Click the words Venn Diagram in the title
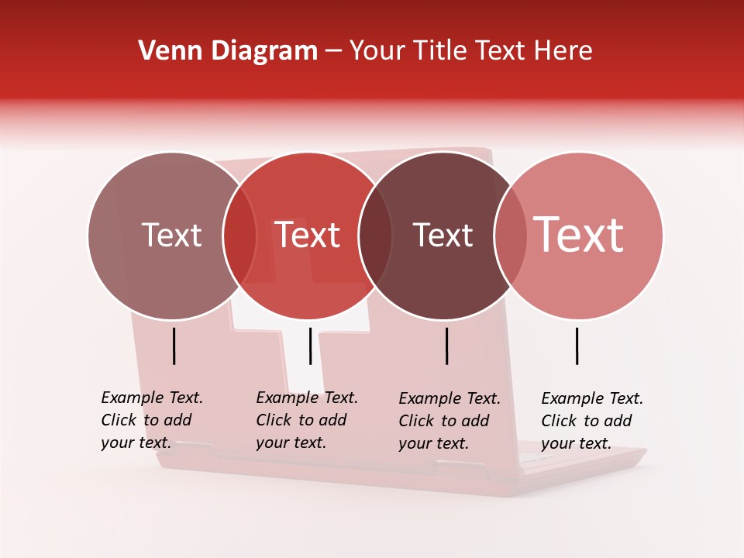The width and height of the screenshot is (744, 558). click(x=228, y=51)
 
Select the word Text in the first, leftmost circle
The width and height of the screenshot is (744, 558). click(x=171, y=236)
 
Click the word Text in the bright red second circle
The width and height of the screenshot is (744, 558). click(x=308, y=236)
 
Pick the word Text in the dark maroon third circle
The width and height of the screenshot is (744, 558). click(x=443, y=236)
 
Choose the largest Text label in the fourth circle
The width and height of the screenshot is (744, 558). click(x=579, y=235)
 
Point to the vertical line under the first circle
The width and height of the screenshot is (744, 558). click(x=174, y=346)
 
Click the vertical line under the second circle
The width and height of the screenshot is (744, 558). click(x=310, y=346)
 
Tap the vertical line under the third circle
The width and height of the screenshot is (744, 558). click(x=447, y=346)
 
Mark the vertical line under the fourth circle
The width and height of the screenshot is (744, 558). click(x=577, y=346)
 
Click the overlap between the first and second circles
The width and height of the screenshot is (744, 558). click(x=239, y=236)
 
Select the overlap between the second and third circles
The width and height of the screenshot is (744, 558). click(x=374, y=236)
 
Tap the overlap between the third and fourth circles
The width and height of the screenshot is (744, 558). click(x=510, y=236)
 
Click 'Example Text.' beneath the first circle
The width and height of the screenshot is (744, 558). click(x=152, y=398)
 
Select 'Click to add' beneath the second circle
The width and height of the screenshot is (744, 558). click(x=301, y=420)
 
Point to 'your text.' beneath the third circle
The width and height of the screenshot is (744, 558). click(x=433, y=443)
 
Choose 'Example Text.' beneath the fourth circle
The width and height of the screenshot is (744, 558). click(x=592, y=398)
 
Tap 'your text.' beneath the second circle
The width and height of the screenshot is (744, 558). click(x=291, y=443)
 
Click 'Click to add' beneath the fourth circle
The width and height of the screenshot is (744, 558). click(x=586, y=421)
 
